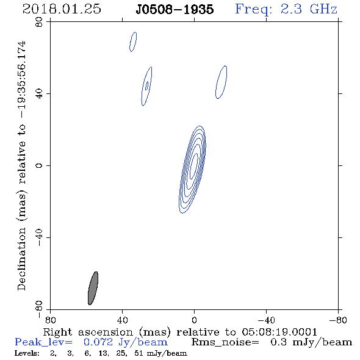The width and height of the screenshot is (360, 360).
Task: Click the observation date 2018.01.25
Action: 62,9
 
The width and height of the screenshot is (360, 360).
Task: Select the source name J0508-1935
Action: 175,10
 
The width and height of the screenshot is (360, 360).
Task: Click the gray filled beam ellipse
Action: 93,288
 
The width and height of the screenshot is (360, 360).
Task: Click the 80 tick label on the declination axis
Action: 39,22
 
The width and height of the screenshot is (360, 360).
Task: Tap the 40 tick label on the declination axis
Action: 39,94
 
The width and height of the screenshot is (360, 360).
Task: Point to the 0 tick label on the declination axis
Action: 39,165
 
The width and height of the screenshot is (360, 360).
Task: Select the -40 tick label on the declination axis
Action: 39,237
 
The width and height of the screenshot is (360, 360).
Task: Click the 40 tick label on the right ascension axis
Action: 123,320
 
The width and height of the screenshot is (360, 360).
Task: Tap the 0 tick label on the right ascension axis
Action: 194,320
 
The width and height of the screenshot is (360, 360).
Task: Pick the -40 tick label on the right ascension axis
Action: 266,320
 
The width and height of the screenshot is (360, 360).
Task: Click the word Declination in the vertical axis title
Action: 21,259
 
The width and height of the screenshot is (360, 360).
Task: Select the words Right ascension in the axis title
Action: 88,332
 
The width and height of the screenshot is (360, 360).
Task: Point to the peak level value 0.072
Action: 98,342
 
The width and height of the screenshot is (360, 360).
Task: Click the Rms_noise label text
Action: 225,342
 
